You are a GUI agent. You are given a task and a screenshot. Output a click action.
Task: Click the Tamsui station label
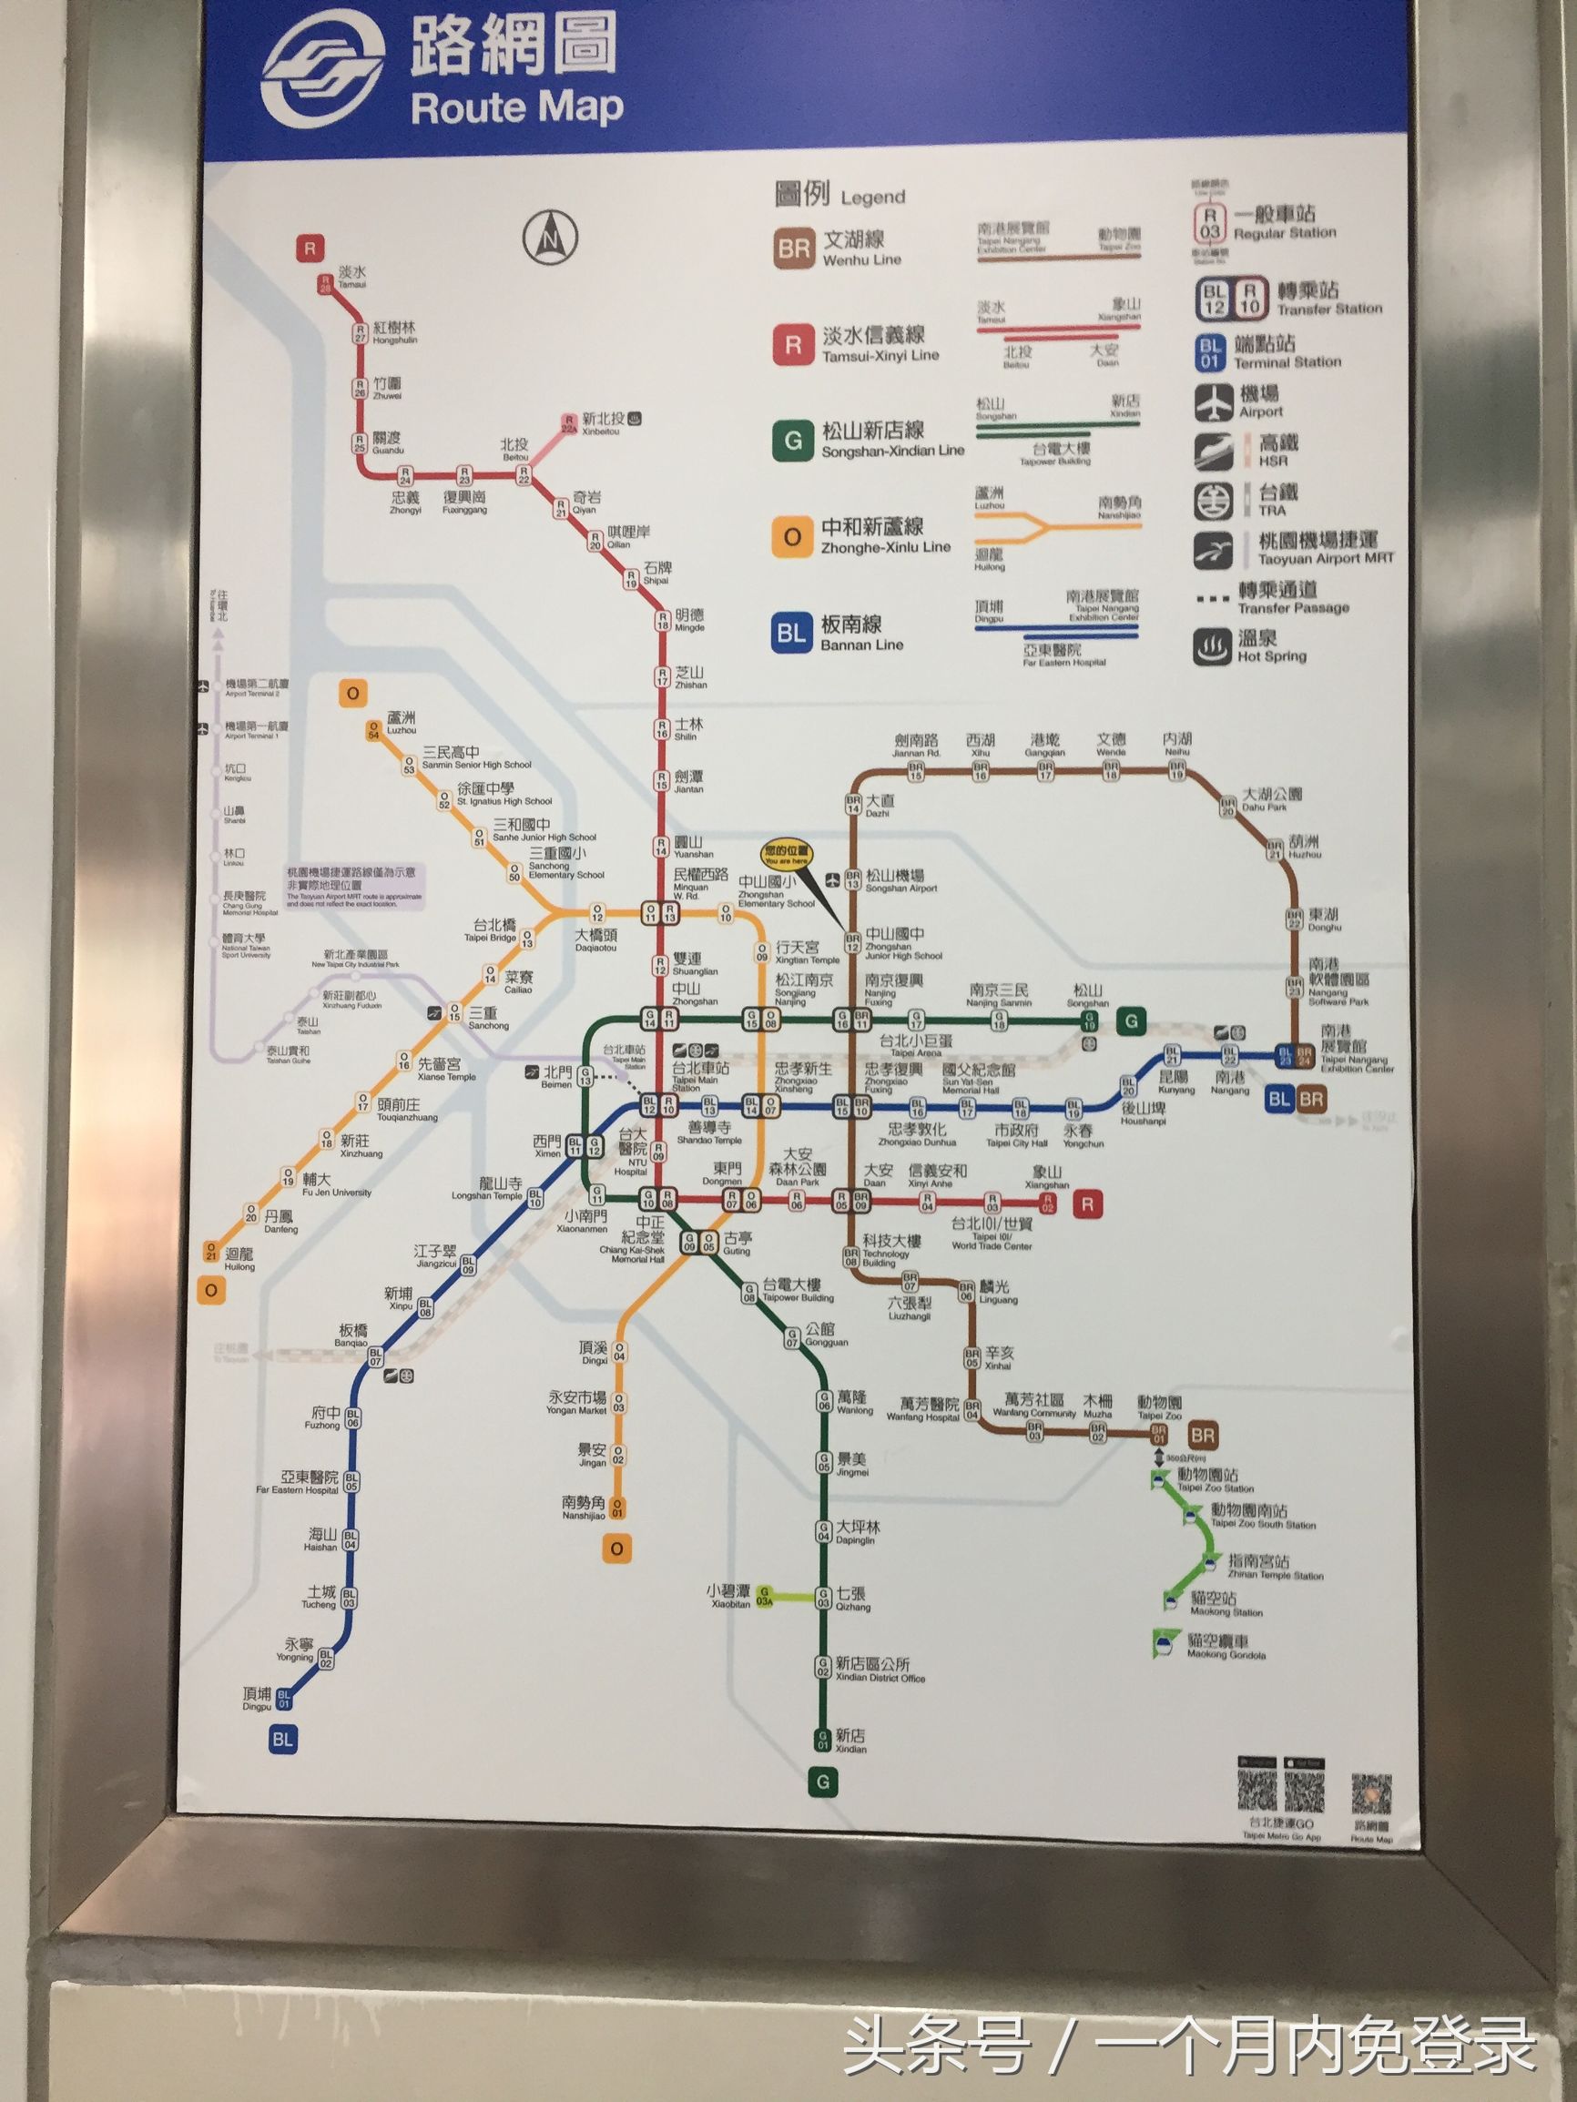351,277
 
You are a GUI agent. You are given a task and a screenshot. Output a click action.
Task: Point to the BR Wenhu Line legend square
794,249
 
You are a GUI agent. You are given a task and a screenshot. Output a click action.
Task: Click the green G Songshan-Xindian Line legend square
792,441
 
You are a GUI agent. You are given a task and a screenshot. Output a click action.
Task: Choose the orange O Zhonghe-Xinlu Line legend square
792,538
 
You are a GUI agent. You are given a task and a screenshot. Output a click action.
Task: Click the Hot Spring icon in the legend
1213,647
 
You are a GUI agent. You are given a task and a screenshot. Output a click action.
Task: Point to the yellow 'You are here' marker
786,854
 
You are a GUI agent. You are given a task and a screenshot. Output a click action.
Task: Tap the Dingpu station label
257,1698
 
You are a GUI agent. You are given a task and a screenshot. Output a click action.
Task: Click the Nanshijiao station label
583,1508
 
